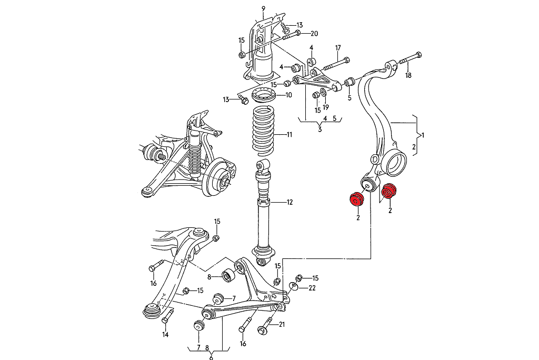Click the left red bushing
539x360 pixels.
[x=357, y=199]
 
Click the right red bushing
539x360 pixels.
[x=388, y=191]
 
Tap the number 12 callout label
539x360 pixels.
[x=290, y=202]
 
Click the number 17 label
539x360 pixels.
[x=338, y=47]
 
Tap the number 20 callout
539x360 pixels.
[x=314, y=34]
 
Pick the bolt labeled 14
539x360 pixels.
[x=165, y=319]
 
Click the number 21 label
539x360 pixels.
[x=282, y=325]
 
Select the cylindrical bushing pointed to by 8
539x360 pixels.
[x=229, y=275]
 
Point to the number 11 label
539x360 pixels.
[x=290, y=135]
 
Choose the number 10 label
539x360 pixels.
[x=288, y=95]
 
